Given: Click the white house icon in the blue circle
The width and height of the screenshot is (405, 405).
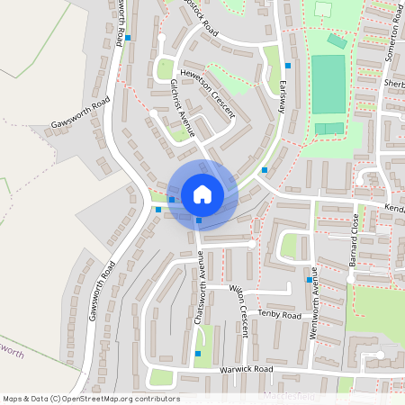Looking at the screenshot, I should pyautogui.click(x=202, y=193).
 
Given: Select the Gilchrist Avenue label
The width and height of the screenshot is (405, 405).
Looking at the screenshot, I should pyautogui.click(x=183, y=106).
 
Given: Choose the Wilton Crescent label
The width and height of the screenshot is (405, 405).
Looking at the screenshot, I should pyautogui.click(x=239, y=310).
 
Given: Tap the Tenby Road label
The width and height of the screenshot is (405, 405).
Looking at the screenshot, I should pyautogui.click(x=279, y=315).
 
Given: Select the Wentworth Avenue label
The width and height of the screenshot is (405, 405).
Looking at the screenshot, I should pyautogui.click(x=315, y=304).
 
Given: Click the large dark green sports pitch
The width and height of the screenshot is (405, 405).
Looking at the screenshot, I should pyautogui.click(x=328, y=85).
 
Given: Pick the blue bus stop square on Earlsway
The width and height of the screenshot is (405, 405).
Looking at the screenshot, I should pyautogui.click(x=288, y=66).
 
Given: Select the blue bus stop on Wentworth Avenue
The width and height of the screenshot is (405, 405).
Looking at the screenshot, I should pyautogui.click(x=309, y=280).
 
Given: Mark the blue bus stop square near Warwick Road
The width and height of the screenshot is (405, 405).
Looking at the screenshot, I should pyautogui.click(x=198, y=354).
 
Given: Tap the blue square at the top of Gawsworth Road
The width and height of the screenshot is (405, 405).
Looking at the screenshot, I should pyautogui.click(x=129, y=38).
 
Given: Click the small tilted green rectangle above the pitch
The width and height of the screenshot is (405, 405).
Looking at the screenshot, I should pyautogui.click(x=337, y=40).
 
